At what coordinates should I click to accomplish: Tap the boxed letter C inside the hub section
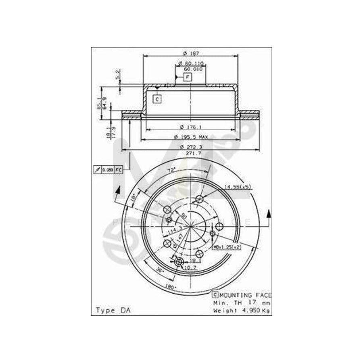coord(157,99)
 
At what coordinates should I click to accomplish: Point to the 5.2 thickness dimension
coord(118,75)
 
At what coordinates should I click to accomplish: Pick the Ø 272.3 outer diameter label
coord(192,148)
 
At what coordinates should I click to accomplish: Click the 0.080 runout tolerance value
coord(108,170)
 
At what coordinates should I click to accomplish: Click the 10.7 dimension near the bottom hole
coord(189,267)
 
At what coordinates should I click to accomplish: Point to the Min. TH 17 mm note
coord(242,302)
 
